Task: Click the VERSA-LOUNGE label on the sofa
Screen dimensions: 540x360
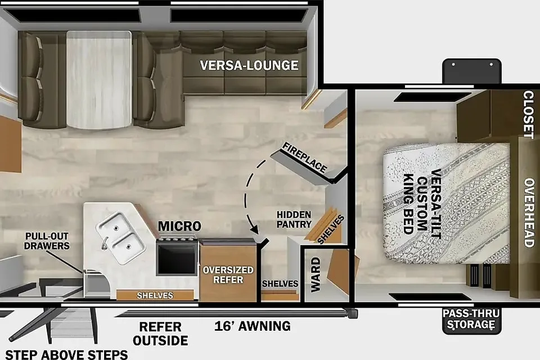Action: pos(249,65)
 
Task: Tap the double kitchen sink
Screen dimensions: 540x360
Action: pos(120,238)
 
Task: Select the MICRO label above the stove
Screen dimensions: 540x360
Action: pos(179,226)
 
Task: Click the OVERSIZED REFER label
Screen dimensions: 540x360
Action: pos(228,274)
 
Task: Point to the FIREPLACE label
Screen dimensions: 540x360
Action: pos(304,157)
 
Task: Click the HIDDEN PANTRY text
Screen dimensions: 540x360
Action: pos(294,219)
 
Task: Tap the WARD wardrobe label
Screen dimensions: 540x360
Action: pos(316,274)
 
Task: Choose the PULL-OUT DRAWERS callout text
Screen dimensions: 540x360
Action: pos(47,241)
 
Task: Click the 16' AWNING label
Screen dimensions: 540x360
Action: pos(253,326)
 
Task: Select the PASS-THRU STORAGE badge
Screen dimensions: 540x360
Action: pos(471,319)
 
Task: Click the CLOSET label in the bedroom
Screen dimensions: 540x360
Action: pos(528,114)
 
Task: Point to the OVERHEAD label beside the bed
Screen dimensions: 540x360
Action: pos(529,213)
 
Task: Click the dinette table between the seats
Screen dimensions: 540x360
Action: pos(99,80)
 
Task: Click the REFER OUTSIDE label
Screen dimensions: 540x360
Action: pos(160,334)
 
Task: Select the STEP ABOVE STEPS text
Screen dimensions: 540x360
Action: pos(66,354)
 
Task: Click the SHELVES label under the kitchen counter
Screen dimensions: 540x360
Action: pos(155,295)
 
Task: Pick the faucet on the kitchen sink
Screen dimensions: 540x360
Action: pos(104,243)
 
